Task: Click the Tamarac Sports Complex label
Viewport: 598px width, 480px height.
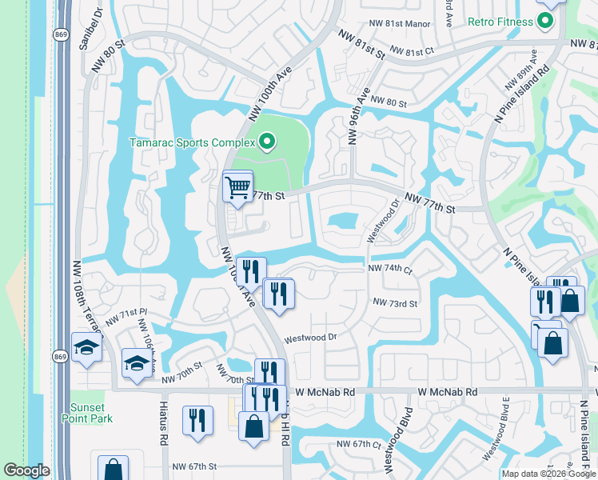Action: click(192, 143)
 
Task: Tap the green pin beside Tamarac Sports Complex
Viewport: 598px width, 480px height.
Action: click(267, 143)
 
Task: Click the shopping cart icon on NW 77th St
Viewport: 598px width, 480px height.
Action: click(237, 188)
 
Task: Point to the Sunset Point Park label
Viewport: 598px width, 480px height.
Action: click(86, 413)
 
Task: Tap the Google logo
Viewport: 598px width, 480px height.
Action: click(26, 470)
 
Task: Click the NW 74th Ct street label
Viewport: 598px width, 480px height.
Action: click(389, 270)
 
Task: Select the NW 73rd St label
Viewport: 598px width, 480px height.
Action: click(395, 303)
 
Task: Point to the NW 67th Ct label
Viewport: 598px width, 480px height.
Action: click(361, 444)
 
